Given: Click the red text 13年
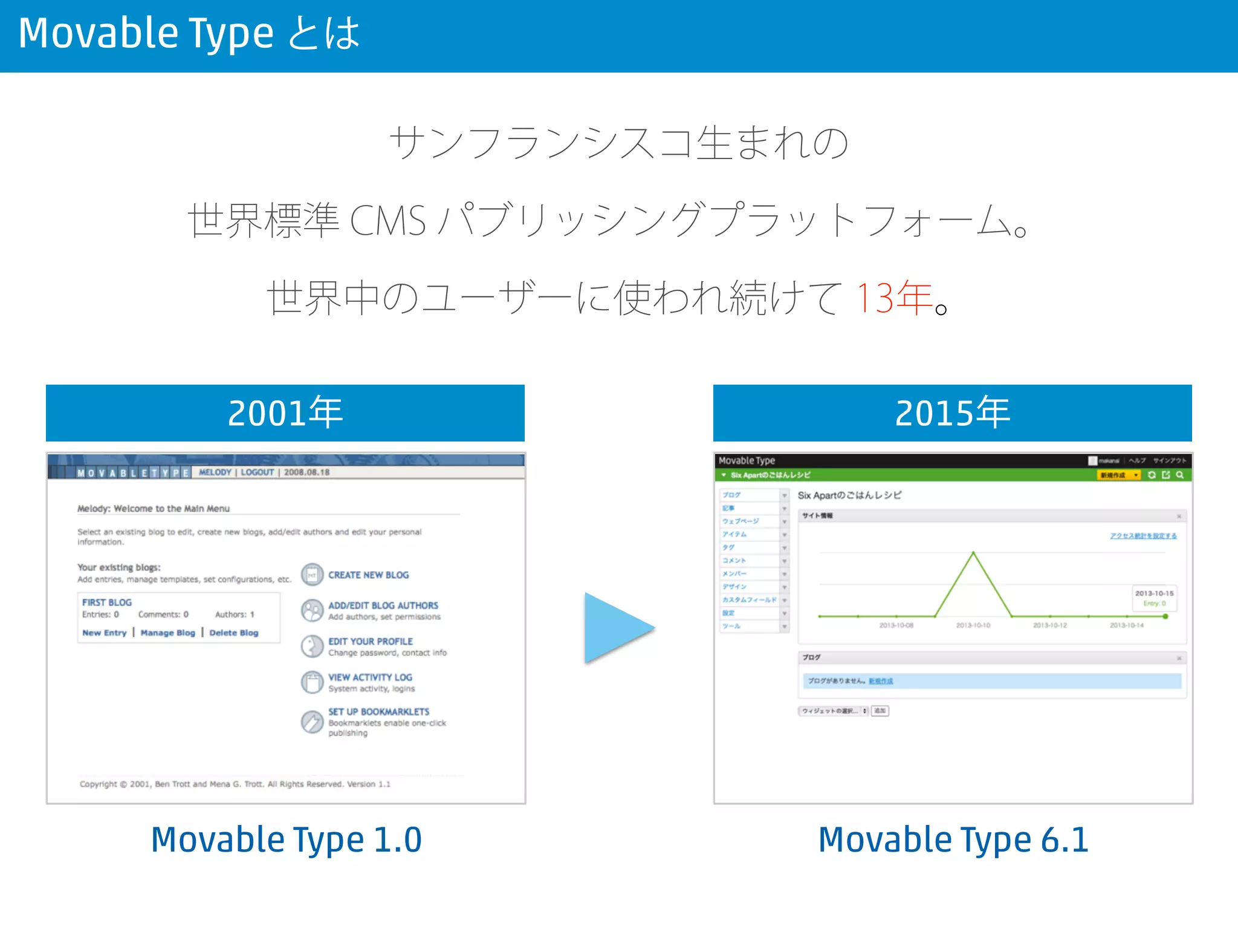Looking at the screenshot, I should pyautogui.click(x=894, y=298).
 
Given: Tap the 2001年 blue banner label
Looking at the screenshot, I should pyautogui.click(x=285, y=413).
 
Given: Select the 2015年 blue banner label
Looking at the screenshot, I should pyautogui.click(x=952, y=413).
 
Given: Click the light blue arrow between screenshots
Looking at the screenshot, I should pyautogui.click(x=617, y=628).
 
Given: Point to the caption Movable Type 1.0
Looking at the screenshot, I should pyautogui.click(x=286, y=839).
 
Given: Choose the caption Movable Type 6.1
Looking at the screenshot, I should pyautogui.click(x=953, y=839).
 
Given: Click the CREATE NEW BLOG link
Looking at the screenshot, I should pyautogui.click(x=368, y=575).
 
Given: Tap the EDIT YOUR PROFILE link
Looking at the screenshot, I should pyautogui.click(x=370, y=641).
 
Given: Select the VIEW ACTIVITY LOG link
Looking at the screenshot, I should pyautogui.click(x=370, y=677).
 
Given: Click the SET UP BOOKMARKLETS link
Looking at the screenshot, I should pyautogui.click(x=378, y=712).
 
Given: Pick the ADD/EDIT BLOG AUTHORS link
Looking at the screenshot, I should pyautogui.click(x=383, y=605).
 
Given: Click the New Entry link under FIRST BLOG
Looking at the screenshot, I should pyautogui.click(x=105, y=633).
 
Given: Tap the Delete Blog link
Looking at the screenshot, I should pyautogui.click(x=233, y=633).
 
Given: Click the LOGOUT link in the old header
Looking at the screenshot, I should pyautogui.click(x=257, y=472).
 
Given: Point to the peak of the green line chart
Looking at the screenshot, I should pyautogui.click(x=973, y=553).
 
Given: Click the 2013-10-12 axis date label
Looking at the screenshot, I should pyautogui.click(x=1049, y=625).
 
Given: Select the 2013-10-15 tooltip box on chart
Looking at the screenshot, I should pyautogui.click(x=1153, y=598).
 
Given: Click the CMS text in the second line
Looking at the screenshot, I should pyautogui.click(x=387, y=221).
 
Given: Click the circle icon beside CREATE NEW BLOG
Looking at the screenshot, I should pyautogui.click(x=312, y=575).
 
